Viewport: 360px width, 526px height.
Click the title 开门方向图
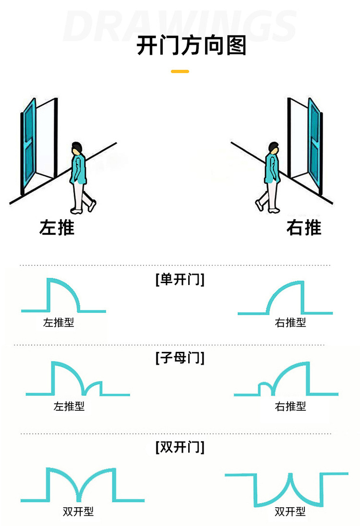pos(192,46)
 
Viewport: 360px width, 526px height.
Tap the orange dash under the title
pos(180,72)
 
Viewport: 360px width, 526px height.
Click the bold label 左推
pos(57,227)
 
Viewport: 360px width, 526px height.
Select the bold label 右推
pos(304,227)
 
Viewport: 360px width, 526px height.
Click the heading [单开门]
pos(180,279)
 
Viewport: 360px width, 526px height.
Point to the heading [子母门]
pos(180,358)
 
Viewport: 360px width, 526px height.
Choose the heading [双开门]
pos(180,447)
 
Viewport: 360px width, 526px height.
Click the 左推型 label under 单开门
pos(59,323)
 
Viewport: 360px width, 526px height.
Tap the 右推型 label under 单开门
pos(290,323)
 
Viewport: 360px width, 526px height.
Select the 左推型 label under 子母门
pos(69,406)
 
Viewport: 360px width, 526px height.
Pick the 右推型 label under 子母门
pos(290,406)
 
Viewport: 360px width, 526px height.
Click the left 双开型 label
pos(78,512)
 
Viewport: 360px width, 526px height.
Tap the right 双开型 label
pos(290,512)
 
